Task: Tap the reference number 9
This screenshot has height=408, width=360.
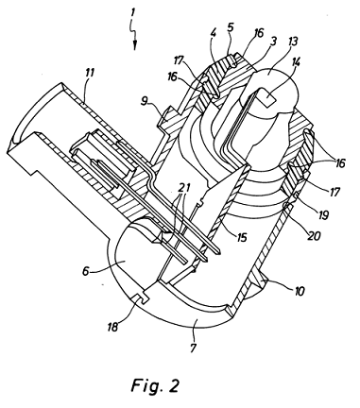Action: pos(144,102)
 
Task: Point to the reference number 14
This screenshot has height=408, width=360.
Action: pos(295,63)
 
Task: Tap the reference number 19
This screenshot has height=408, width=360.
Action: pos(323,215)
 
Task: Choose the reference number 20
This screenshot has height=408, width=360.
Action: pos(315,235)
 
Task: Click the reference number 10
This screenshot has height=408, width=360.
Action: pos(299,291)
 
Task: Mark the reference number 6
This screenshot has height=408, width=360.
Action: pos(86,271)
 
